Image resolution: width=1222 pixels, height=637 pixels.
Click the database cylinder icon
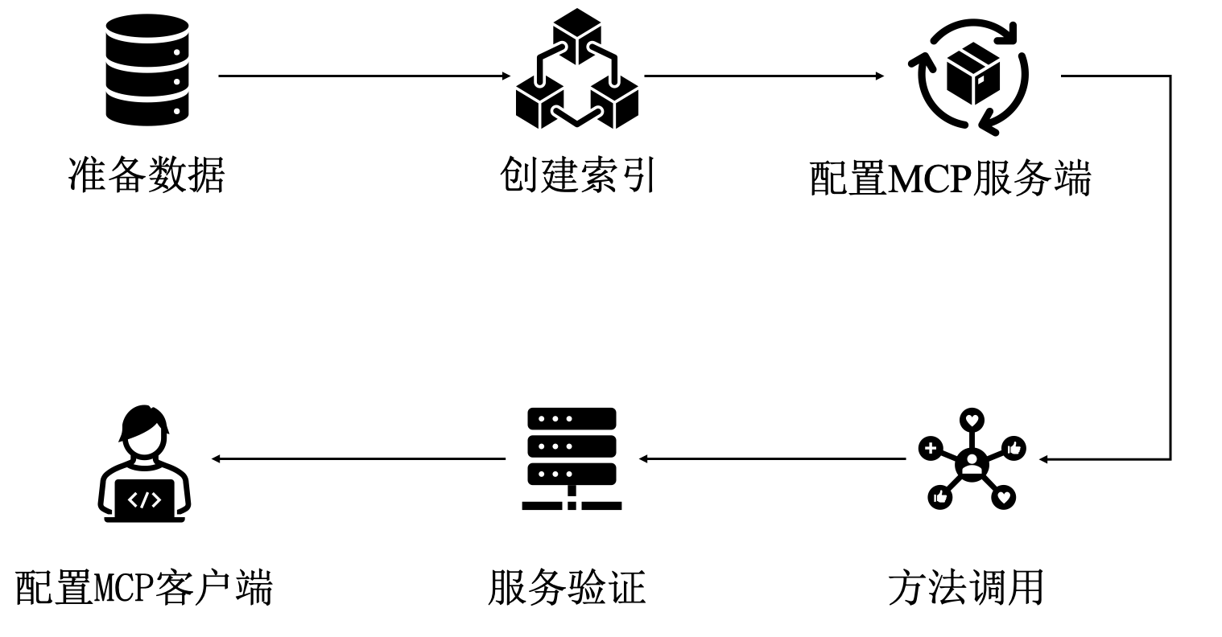(x=147, y=73)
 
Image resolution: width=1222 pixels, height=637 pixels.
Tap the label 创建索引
(x=578, y=175)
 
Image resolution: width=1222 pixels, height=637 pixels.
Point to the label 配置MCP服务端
(x=950, y=178)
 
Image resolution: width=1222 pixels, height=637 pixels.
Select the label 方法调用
(x=965, y=588)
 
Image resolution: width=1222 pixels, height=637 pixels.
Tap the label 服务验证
(x=567, y=588)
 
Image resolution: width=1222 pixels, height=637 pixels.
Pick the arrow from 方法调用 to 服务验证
(x=773, y=459)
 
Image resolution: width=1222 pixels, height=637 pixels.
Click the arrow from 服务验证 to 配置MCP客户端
(x=358, y=459)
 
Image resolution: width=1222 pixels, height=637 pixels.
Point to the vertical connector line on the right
(x=1170, y=265)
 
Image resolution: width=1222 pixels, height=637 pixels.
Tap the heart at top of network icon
(x=972, y=420)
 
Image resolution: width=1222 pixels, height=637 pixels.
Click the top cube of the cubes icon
(x=577, y=35)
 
